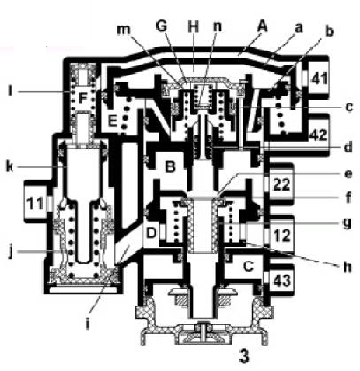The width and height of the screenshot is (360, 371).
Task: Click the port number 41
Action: point(320,78)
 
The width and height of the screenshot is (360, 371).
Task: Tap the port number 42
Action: point(319,135)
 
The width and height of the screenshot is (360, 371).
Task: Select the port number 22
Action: point(281,184)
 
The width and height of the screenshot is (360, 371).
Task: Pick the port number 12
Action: point(282,236)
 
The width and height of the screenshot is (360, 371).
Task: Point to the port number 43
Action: point(282,281)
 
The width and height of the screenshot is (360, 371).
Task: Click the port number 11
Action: point(35,204)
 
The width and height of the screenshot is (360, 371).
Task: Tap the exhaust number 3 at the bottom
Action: point(244,357)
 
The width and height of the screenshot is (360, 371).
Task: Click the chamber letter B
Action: point(170,167)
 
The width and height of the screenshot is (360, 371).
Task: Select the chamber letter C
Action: point(248,266)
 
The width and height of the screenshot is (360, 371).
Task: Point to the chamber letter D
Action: point(152,233)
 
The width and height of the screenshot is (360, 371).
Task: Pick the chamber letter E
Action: point(113,121)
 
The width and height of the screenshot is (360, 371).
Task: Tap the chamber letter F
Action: point(82,99)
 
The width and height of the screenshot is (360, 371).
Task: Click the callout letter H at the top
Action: point(194,26)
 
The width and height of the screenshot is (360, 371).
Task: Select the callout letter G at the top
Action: point(163,26)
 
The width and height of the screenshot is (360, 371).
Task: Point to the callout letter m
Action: point(124,30)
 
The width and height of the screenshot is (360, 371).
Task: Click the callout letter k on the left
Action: point(10,166)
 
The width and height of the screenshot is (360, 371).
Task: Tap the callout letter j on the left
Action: point(11,252)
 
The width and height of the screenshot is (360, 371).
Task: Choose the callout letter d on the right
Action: point(348,146)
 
